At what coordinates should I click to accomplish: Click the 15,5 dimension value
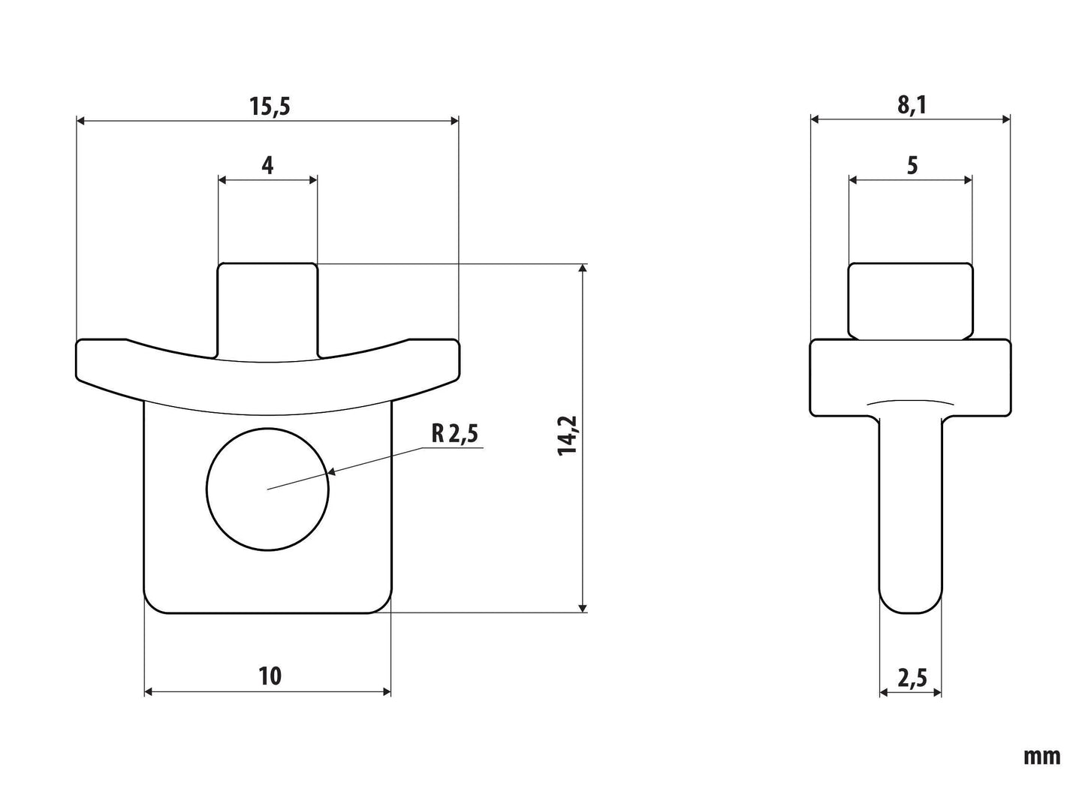[270, 106]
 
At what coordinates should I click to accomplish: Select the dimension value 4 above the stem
[267, 165]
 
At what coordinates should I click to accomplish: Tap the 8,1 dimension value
[912, 105]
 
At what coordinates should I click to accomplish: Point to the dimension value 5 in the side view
[912, 166]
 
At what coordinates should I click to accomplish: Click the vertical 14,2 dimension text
[567, 435]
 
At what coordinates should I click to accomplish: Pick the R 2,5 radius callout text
[454, 433]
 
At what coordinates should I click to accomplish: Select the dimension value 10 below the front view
[270, 676]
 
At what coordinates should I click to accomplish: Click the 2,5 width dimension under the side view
[912, 678]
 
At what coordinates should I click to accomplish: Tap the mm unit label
[1041, 757]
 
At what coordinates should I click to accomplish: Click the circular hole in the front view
[267, 489]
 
